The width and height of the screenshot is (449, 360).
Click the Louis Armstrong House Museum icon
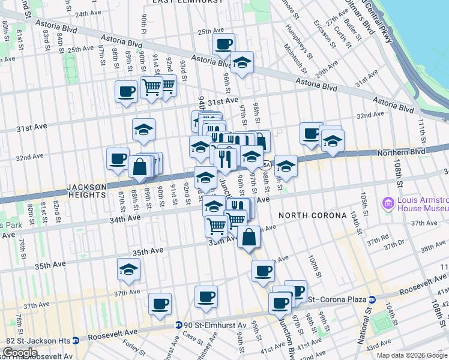(387, 203)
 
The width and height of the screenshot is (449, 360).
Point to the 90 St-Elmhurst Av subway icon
(179, 325)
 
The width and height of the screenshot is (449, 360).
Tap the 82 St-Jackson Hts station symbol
(76, 340)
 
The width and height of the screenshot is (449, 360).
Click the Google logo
(19, 353)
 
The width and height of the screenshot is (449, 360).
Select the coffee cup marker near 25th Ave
(223, 44)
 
